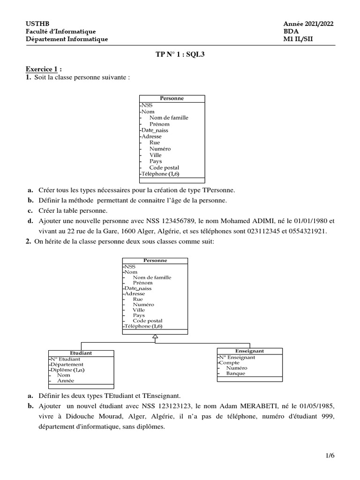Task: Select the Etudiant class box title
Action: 81,353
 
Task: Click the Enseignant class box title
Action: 249,351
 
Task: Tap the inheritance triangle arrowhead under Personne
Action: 155,337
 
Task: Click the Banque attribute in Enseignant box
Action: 236,374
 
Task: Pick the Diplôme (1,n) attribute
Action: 67,369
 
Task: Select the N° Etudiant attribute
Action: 66,359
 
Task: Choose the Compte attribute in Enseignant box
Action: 229,363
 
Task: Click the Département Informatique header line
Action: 67,39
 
